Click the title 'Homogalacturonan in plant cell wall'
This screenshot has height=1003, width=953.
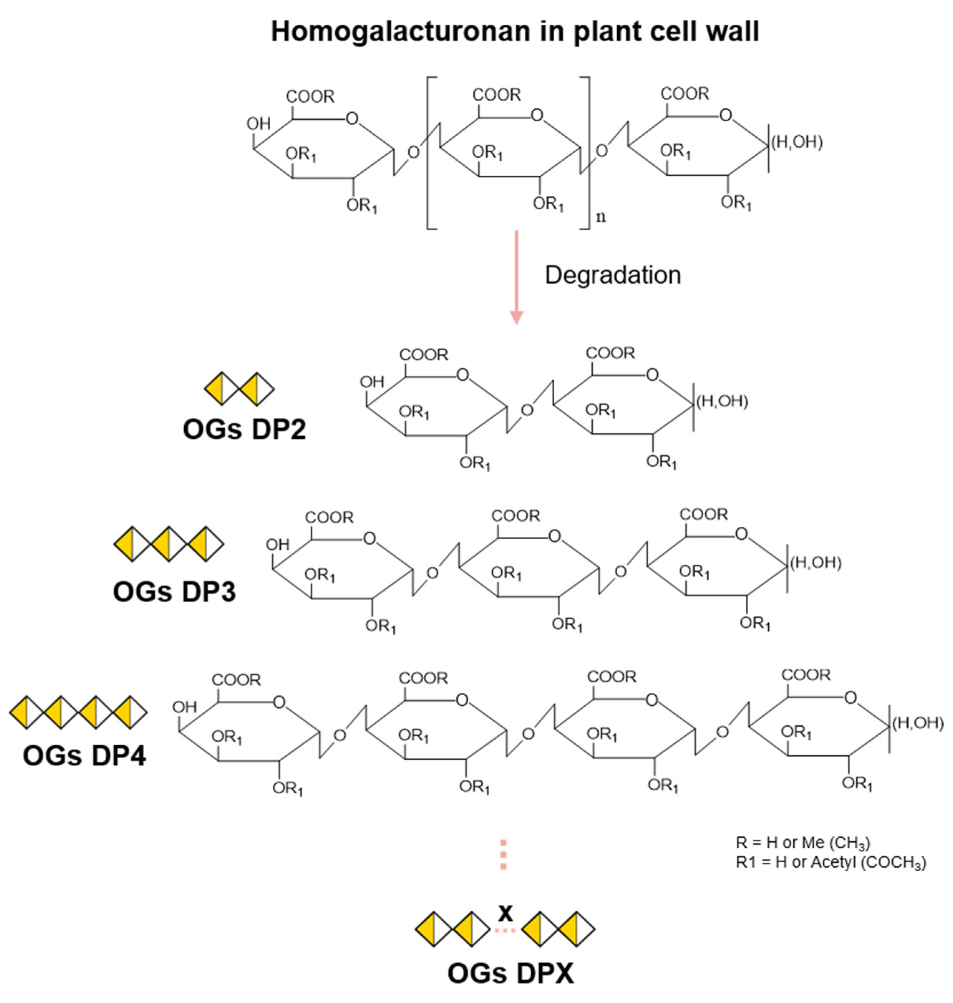(515, 31)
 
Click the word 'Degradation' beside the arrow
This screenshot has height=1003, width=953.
(613, 275)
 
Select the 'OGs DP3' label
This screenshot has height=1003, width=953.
(174, 591)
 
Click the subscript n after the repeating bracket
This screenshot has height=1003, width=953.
(601, 217)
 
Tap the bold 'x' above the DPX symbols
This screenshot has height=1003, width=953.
(505, 912)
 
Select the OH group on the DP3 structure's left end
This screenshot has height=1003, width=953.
(277, 545)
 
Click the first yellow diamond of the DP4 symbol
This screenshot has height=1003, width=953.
(26, 712)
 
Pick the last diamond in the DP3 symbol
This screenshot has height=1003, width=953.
(206, 544)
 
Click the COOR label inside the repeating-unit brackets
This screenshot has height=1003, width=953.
(496, 95)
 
